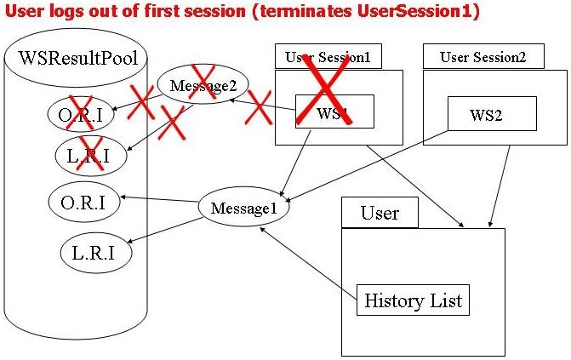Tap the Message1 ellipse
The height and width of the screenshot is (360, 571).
point(244,207)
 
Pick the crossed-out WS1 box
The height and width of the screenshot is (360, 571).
point(334,111)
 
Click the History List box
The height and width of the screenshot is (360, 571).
point(413,300)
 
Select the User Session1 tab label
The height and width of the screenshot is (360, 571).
point(328,57)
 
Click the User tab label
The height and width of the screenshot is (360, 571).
point(380,212)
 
